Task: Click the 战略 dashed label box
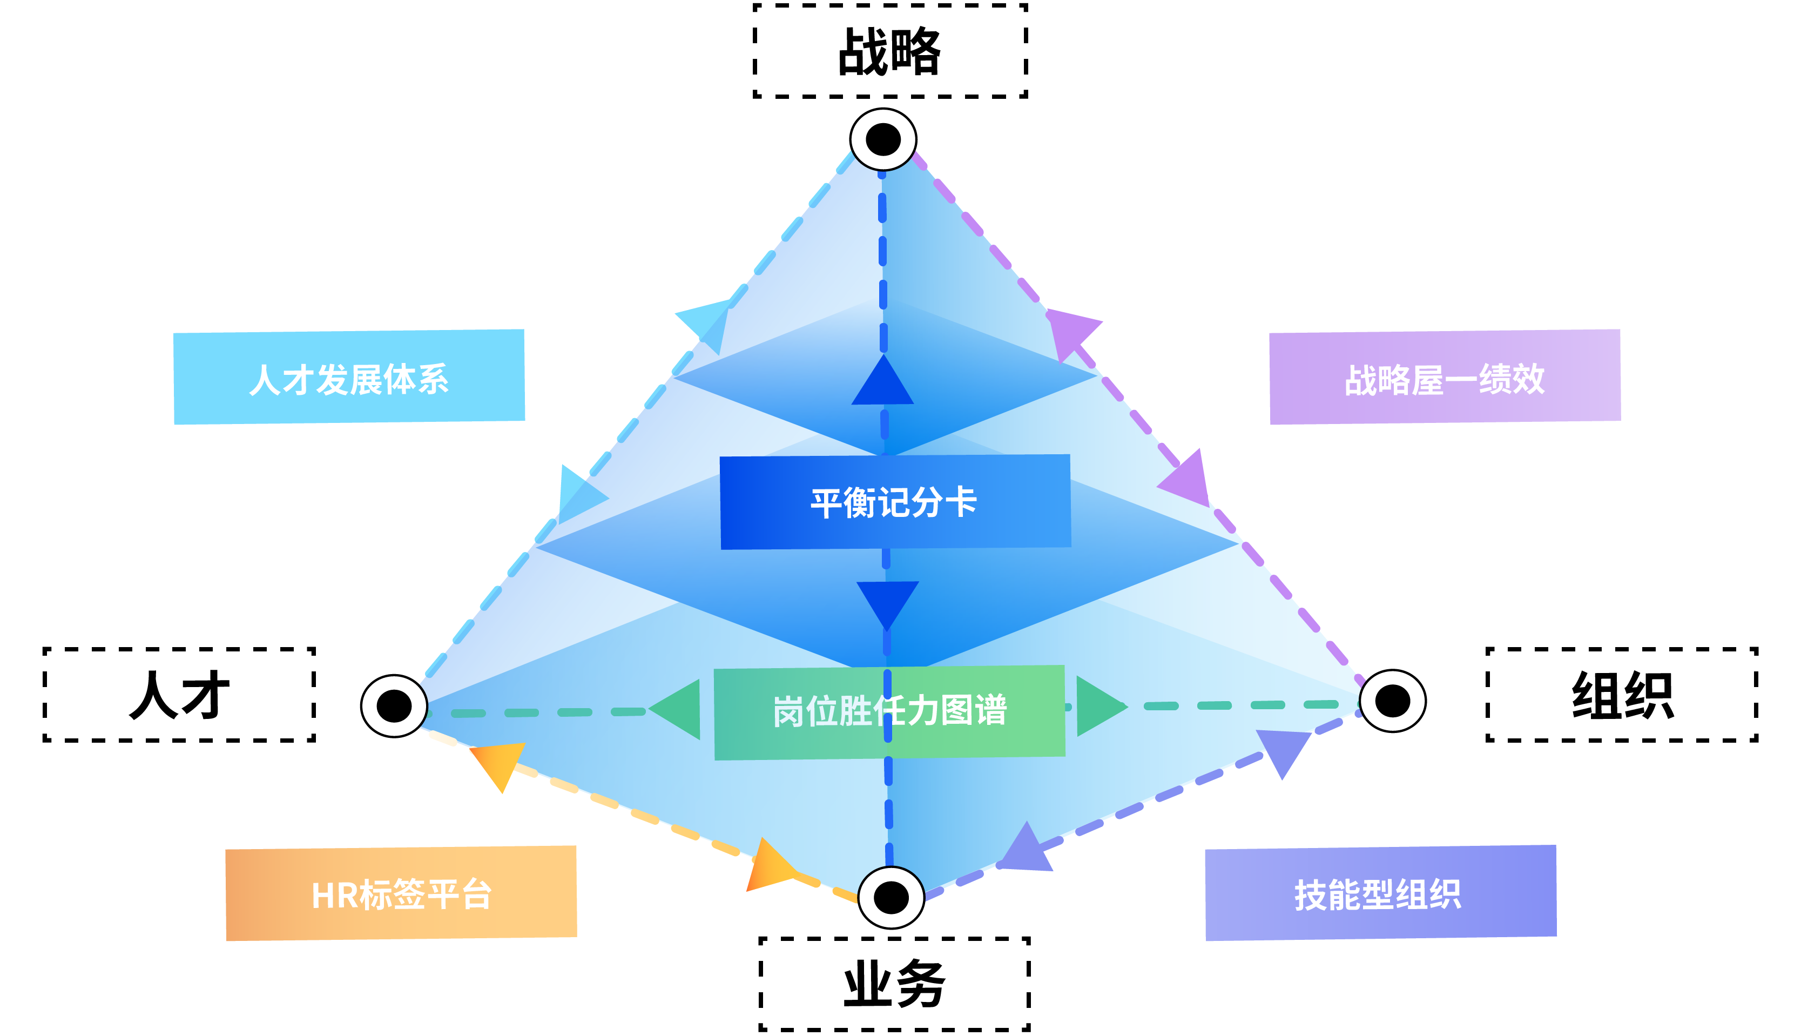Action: (890, 51)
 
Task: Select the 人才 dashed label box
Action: (179, 695)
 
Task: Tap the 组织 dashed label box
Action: (1622, 695)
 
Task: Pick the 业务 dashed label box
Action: (894, 984)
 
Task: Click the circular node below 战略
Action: (883, 139)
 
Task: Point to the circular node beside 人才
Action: (394, 705)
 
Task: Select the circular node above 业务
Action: (891, 897)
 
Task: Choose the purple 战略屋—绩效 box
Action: (1445, 377)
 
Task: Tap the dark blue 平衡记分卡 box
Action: (895, 502)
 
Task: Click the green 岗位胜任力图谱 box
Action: (889, 711)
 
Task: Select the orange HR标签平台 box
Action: (401, 894)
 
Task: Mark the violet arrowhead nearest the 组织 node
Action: (1284, 750)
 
